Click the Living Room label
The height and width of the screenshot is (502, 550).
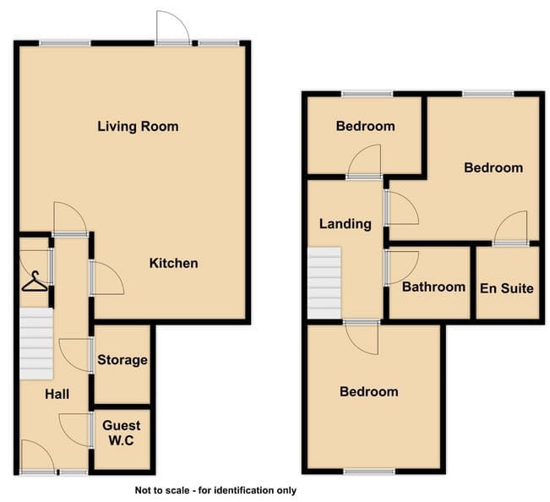tap(138, 126)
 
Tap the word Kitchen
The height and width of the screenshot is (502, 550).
tap(174, 263)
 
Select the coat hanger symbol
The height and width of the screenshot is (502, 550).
tap(35, 281)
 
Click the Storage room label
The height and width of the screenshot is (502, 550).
tap(123, 360)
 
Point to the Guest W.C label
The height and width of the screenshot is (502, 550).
tap(122, 433)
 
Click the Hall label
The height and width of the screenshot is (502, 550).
tap(57, 394)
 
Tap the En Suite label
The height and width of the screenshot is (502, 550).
tap(507, 288)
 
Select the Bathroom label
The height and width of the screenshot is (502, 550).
tap(434, 287)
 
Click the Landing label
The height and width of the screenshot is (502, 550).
tap(346, 224)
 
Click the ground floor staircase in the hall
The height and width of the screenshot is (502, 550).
tap(36, 343)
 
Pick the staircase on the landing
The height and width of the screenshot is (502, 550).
tap(324, 283)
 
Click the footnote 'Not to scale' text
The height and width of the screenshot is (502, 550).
tap(215, 490)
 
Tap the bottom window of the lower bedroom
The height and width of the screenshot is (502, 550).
tap(369, 472)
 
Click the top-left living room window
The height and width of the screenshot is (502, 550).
tap(65, 43)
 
